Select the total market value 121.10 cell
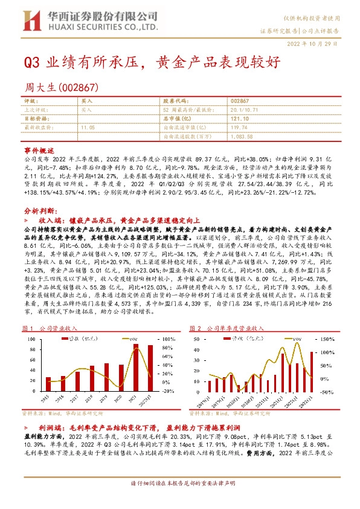click(x=239, y=119)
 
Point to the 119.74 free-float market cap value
click(x=239, y=128)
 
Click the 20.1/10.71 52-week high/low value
click(x=242, y=110)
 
